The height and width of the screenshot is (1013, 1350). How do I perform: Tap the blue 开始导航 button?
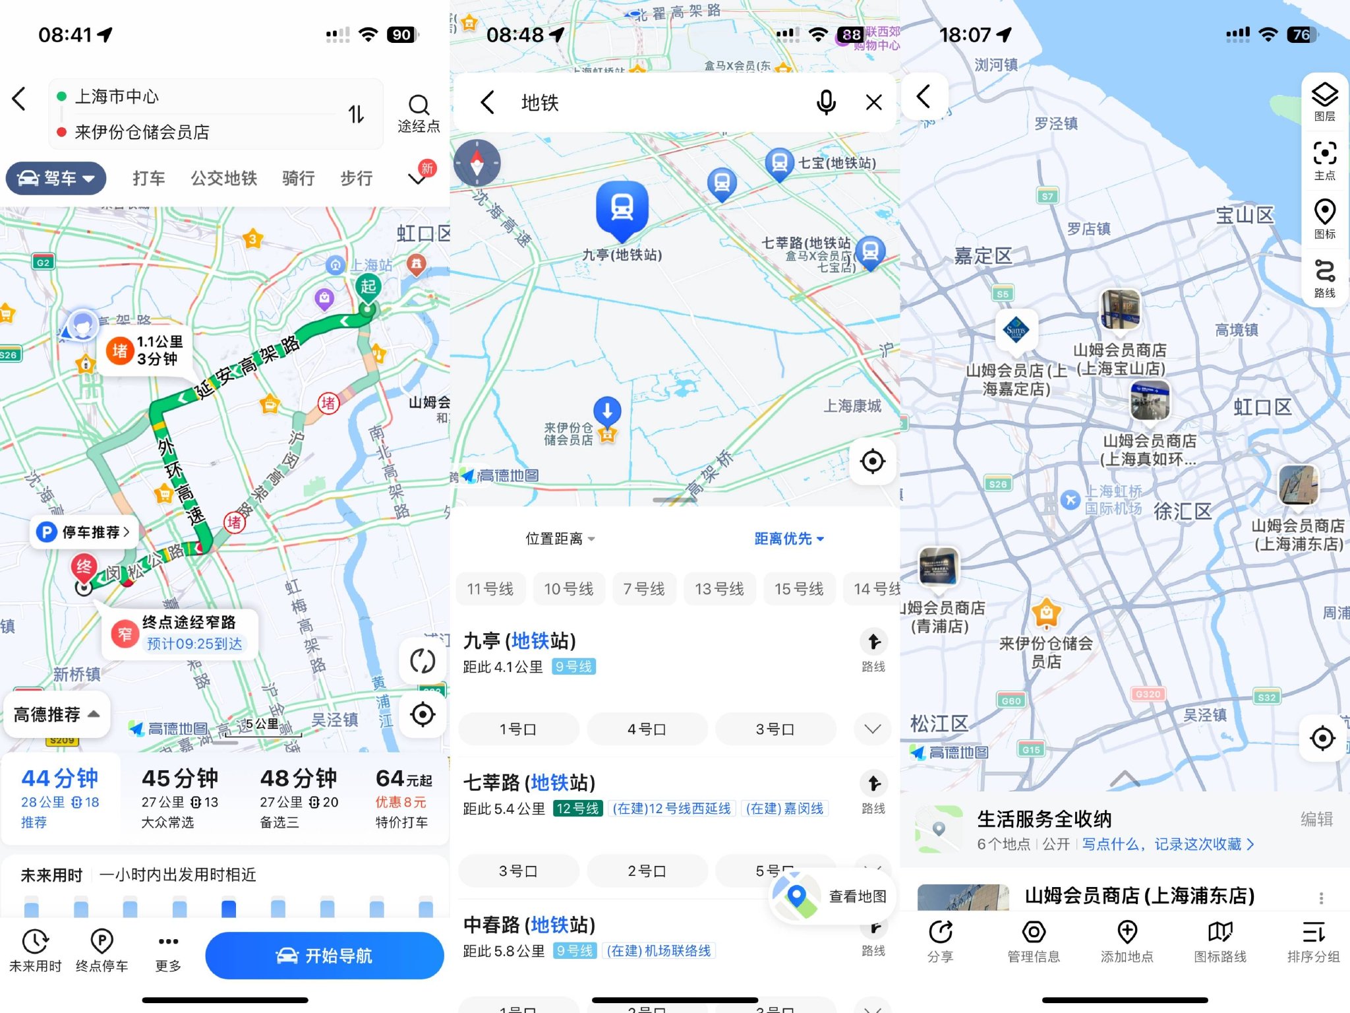coord(324,956)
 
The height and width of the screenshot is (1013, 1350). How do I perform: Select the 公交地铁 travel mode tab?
coord(223,179)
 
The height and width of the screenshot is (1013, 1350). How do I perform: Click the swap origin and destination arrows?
coord(356,115)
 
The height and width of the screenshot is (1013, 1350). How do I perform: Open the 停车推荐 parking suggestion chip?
coord(84,532)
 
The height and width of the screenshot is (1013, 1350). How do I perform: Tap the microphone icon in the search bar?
coord(825,102)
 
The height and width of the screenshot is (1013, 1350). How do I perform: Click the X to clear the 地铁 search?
coord(873,102)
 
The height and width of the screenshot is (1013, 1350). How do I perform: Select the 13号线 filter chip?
coord(719,589)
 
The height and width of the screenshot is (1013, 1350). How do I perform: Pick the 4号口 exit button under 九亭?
coord(646,729)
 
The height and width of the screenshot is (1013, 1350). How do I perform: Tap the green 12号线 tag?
coord(577,809)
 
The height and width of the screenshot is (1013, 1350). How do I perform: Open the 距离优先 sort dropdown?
coord(788,539)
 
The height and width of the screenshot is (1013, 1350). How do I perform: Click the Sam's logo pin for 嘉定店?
coord(1016,330)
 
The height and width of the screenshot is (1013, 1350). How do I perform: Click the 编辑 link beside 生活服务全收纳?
coord(1316,819)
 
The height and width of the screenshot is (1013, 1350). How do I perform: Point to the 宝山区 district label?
coord(1244,215)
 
